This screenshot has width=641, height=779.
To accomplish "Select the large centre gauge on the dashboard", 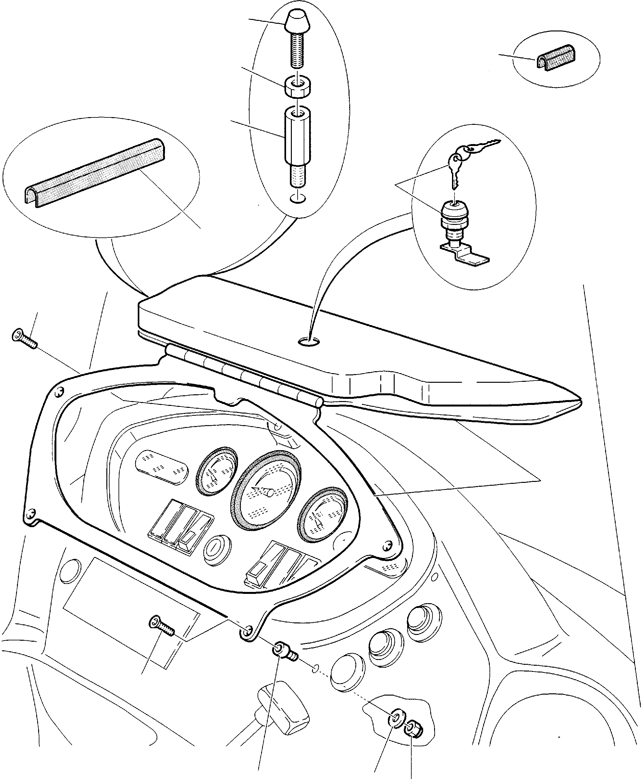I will (x=266, y=490).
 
